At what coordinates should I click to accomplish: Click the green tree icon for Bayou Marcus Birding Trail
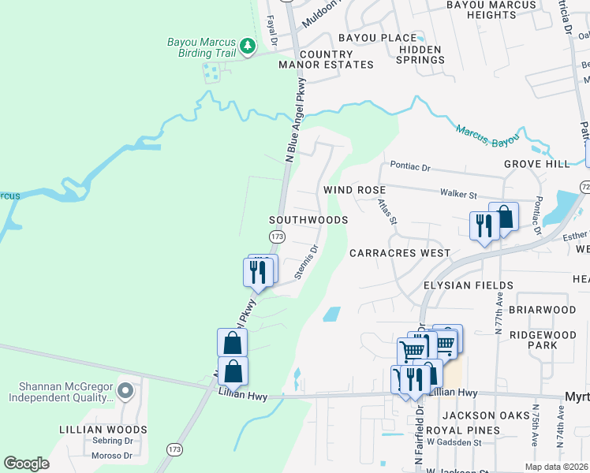248,47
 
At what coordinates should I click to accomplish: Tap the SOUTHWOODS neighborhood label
308,220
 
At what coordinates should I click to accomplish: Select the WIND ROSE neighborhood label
354,191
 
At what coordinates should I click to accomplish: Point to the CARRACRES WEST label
399,253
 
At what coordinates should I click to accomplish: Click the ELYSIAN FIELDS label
468,285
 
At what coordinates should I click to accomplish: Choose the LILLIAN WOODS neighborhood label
103,430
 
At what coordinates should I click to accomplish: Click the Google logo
26,464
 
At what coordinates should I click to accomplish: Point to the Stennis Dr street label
306,262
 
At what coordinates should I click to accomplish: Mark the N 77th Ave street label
499,313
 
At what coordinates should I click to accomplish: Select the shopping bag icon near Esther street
503,217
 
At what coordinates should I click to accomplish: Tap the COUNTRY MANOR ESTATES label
325,59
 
